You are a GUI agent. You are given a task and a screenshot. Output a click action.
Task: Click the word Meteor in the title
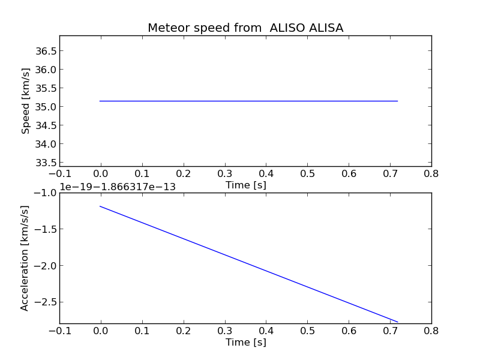point(166,28)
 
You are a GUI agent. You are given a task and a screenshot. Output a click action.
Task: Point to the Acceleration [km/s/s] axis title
point(25,258)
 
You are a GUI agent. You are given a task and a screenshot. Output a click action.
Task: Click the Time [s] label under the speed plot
point(245,185)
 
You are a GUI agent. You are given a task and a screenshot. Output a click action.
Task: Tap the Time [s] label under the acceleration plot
point(245,342)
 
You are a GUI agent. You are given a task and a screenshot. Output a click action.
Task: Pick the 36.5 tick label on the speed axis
point(46,51)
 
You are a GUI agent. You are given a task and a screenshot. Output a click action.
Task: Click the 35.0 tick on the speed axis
point(46,107)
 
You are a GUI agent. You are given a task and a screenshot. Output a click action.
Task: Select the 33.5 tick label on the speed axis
point(46,163)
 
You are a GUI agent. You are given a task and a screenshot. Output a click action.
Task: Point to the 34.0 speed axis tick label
point(46,144)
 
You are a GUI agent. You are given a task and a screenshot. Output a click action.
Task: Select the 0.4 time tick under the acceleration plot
point(266,331)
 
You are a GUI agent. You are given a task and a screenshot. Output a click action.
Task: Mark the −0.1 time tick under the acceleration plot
point(59,331)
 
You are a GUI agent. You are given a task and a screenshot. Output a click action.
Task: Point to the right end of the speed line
point(398,101)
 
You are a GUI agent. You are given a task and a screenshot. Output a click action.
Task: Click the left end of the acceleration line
point(100,206)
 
